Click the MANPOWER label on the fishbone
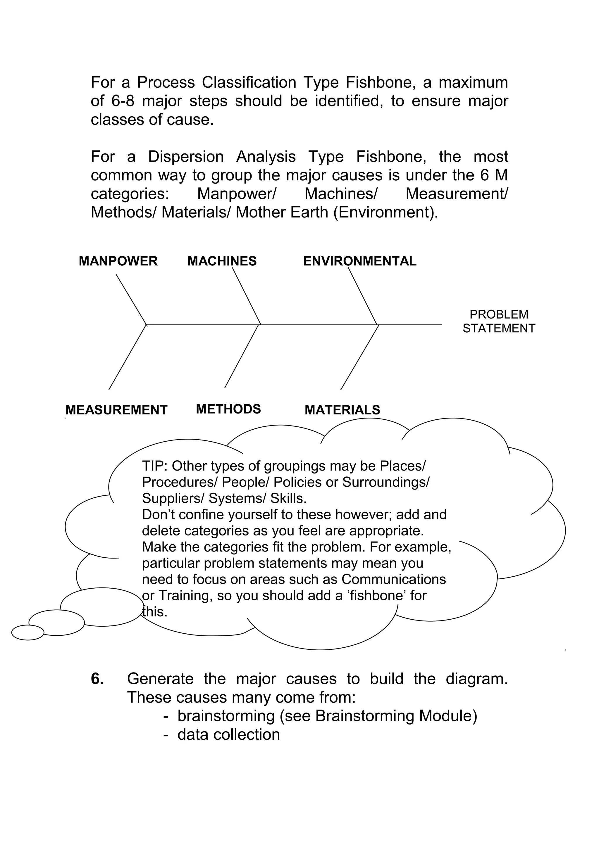pyautogui.click(x=118, y=261)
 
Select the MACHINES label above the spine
pyautogui.click(x=222, y=261)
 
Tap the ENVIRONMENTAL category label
pyautogui.click(x=359, y=261)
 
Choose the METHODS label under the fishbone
pyautogui.click(x=228, y=409)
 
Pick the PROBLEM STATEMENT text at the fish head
pyautogui.click(x=499, y=321)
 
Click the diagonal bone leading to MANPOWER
pyautogui.click(x=131, y=299)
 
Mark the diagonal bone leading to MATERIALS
pyautogui.click(x=359, y=357)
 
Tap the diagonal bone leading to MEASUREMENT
pyautogui.click(x=127, y=357)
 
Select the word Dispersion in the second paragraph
pyautogui.click(x=186, y=157)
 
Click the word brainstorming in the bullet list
pyautogui.click(x=226, y=716)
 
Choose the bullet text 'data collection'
pyautogui.click(x=228, y=734)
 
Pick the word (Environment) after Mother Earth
pyautogui.click(x=385, y=212)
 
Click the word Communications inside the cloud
pyautogui.click(x=393, y=579)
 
